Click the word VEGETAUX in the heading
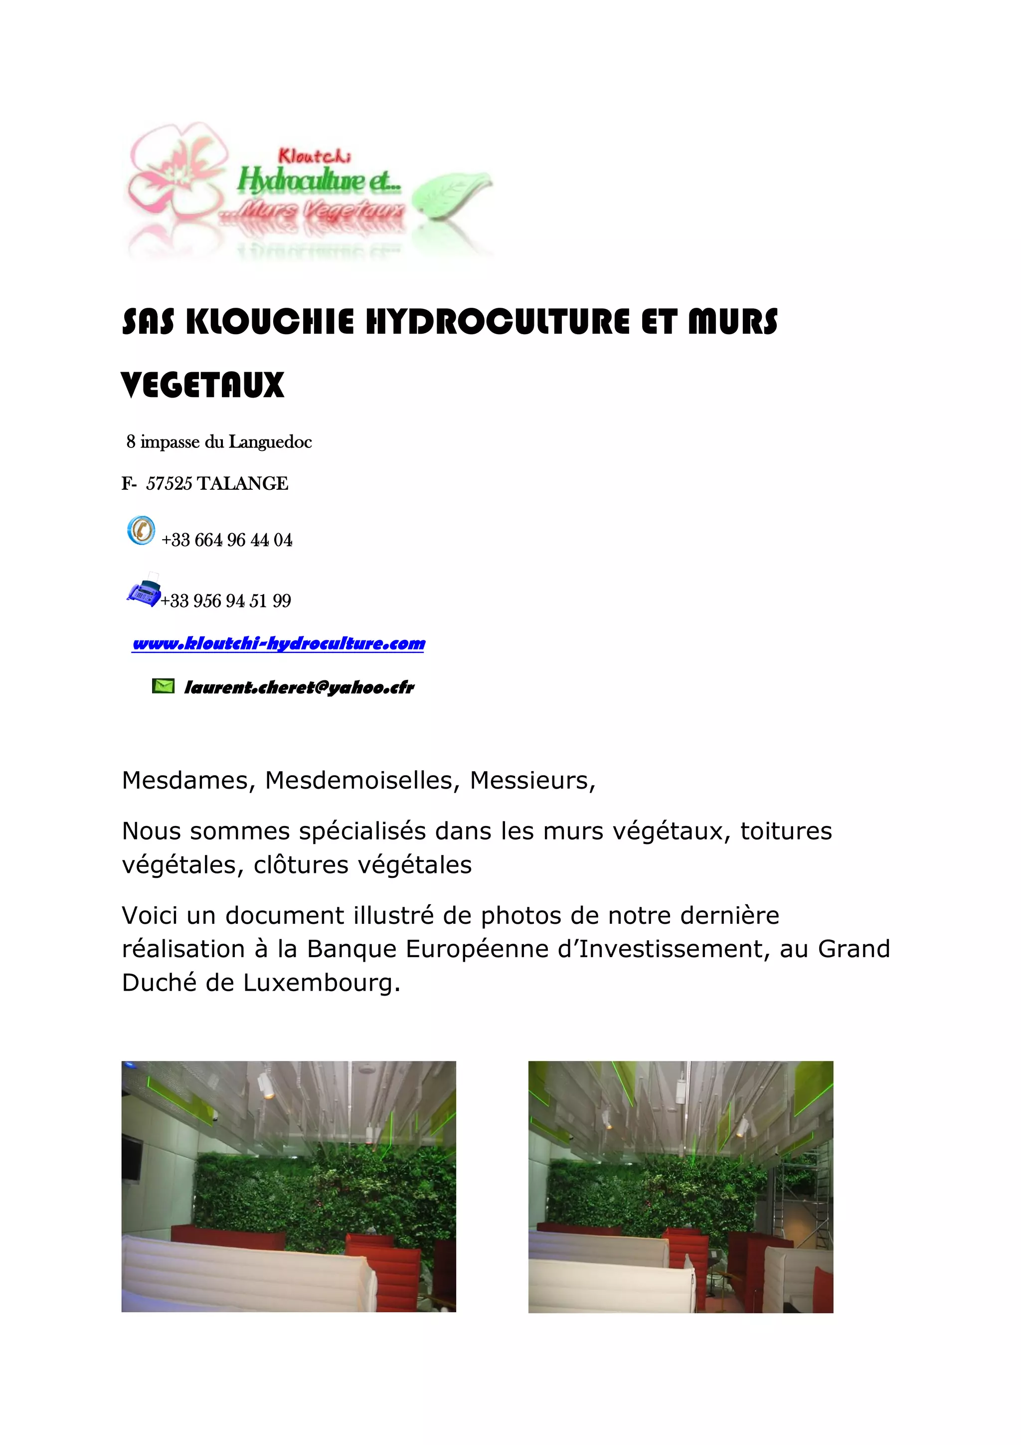click(x=202, y=385)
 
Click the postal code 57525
click(x=169, y=483)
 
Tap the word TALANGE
click(x=243, y=483)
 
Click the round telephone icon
click(x=141, y=530)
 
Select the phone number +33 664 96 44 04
click(x=226, y=540)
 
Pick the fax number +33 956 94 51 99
click(x=226, y=601)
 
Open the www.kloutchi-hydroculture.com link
click(x=279, y=643)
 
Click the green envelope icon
click(x=163, y=685)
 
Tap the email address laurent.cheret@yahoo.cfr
click(x=299, y=687)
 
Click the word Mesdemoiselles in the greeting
click(x=358, y=781)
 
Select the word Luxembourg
click(x=322, y=983)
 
